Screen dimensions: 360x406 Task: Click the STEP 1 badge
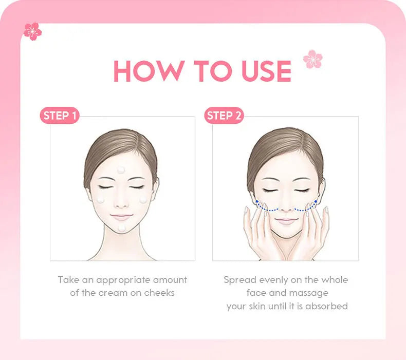pyautogui.click(x=60, y=116)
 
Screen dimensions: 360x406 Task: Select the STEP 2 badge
pyautogui.click(x=224, y=116)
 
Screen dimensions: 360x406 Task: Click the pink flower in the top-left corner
pyautogui.click(x=32, y=31)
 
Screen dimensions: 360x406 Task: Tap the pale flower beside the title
pyautogui.click(x=312, y=59)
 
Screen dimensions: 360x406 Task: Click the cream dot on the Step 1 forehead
pyautogui.click(x=121, y=170)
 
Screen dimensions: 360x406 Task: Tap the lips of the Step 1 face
pyautogui.click(x=121, y=217)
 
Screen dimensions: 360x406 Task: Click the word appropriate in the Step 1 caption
pyautogui.click(x=123, y=280)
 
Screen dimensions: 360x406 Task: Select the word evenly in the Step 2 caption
pyautogui.click(x=273, y=280)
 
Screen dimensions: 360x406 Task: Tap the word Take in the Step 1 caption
pyautogui.click(x=68, y=280)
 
